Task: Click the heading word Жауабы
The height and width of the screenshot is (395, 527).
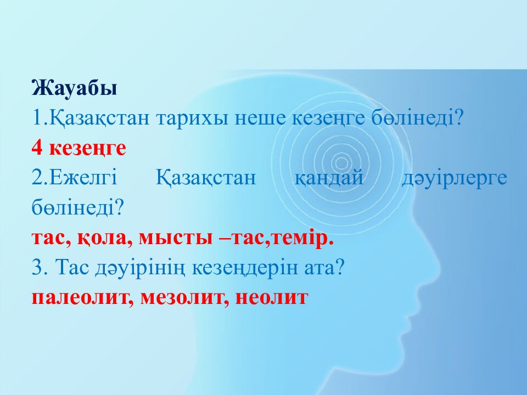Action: (74, 88)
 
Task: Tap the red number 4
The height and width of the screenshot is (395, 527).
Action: (37, 148)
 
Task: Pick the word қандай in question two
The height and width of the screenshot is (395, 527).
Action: (329, 177)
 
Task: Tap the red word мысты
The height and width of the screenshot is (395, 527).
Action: (176, 239)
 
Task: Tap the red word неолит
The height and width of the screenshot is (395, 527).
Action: (272, 297)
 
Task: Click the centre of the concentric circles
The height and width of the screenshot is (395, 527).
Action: (341, 163)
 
